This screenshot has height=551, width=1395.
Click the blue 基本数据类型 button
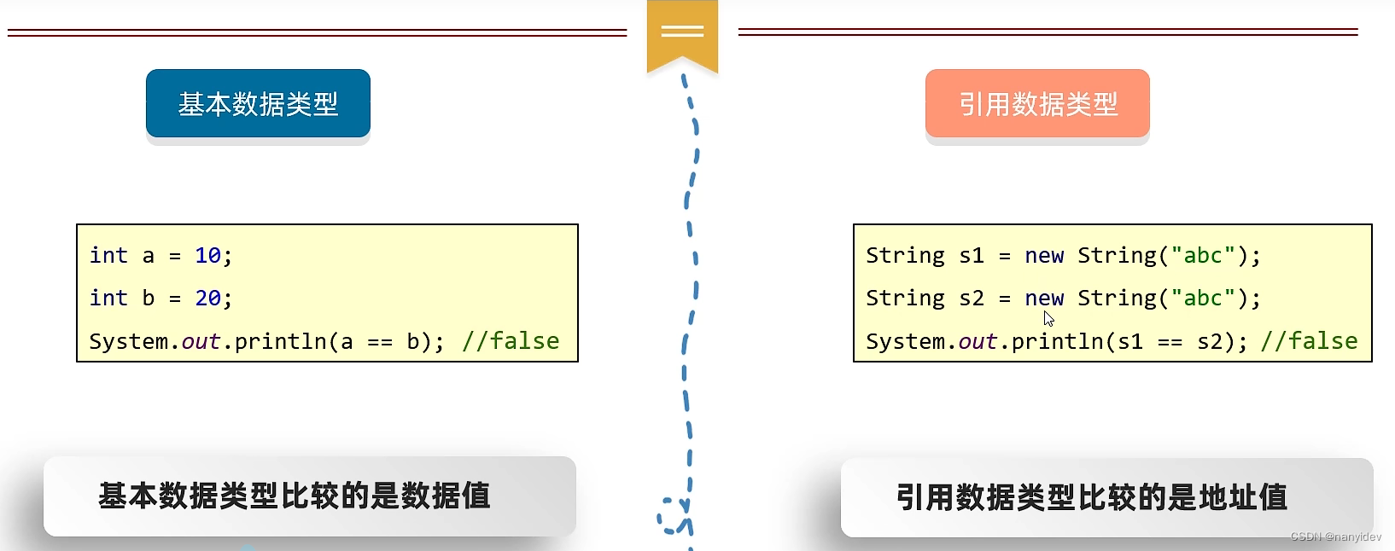[258, 104]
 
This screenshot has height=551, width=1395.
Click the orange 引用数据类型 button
[1037, 104]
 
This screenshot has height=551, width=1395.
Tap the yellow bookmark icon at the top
[682, 34]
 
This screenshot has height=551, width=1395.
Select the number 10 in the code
[207, 256]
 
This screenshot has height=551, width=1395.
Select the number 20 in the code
[207, 299]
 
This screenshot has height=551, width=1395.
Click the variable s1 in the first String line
[972, 256]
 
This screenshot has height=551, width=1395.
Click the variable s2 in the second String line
[972, 299]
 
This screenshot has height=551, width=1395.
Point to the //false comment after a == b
[511, 341]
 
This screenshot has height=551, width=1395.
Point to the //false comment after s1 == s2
[1309, 341]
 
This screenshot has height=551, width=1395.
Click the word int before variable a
[108, 256]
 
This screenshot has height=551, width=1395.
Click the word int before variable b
[108, 299]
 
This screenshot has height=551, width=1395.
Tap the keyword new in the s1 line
[1044, 256]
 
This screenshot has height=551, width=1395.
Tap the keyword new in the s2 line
[1044, 299]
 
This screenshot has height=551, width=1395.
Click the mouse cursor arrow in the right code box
[1048, 318]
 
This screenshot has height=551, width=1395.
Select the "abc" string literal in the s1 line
[1203, 256]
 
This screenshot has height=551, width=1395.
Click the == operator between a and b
[380, 342]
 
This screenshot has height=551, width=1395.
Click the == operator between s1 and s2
[1170, 342]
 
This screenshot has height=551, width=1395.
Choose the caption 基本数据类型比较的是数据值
[295, 496]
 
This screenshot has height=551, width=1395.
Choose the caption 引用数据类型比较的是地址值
[1091, 497]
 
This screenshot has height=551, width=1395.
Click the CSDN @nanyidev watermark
[1335, 536]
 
